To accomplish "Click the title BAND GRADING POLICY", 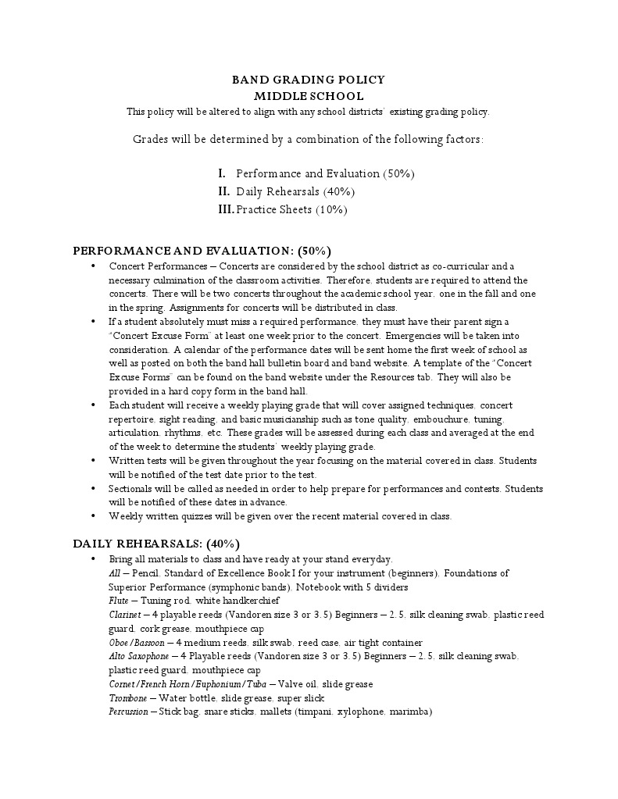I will (x=309, y=80).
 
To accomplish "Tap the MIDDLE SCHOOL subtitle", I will (x=309, y=96).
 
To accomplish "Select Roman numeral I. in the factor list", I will (x=222, y=173).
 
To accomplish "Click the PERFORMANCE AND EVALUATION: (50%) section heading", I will (x=202, y=251).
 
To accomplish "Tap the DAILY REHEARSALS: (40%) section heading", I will (x=156, y=544).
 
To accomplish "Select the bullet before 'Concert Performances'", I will (x=93, y=266).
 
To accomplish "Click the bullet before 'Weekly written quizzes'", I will (x=93, y=516).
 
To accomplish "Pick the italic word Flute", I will (x=119, y=601).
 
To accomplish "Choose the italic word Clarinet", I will (x=124, y=615).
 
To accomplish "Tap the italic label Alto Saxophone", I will (x=138, y=656).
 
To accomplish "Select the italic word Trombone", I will (x=128, y=698).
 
